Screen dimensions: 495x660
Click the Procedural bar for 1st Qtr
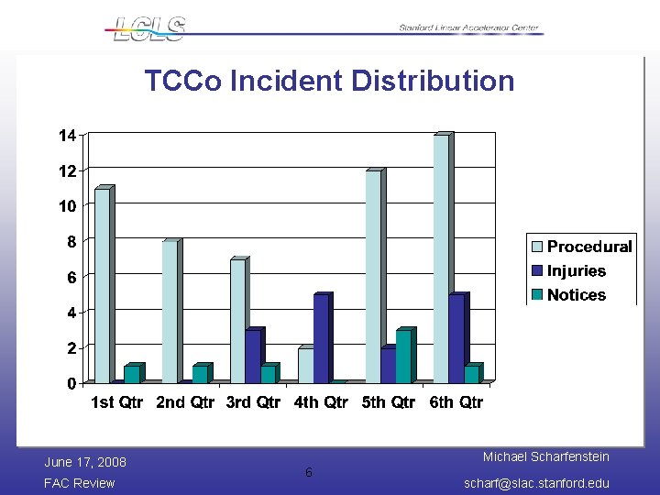[102, 285]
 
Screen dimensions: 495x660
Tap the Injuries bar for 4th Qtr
[321, 338]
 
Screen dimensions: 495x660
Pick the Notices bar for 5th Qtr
[403, 357]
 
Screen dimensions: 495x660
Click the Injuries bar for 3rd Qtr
[252, 357]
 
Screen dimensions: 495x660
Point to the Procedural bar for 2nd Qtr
[170, 312]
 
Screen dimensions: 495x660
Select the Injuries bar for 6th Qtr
[456, 338]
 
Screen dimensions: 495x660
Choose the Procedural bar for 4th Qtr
[305, 365]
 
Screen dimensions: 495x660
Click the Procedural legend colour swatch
[536, 247]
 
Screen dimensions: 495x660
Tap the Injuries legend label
[577, 271]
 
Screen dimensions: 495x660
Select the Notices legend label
[577, 295]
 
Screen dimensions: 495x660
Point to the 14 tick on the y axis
[67, 136]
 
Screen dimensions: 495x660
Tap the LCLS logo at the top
[149, 27]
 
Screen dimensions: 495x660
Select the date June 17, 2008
[85, 462]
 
